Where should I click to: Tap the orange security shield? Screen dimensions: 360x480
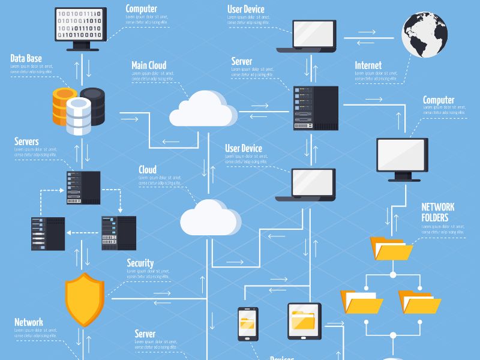coord(85,299)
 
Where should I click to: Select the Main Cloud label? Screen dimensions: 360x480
coord(149,65)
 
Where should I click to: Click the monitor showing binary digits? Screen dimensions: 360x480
coord(81,25)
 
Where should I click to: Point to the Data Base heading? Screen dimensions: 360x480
coord(26,58)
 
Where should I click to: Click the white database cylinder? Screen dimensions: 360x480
coord(79,115)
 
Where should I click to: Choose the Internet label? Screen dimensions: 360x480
coord(368,65)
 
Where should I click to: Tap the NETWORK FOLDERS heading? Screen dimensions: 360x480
coord(438,212)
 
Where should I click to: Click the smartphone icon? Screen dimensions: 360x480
coord(247,324)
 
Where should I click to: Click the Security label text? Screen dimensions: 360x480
coord(140,263)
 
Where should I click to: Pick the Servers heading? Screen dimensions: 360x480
coord(26,142)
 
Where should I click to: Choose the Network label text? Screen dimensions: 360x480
coord(29,322)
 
